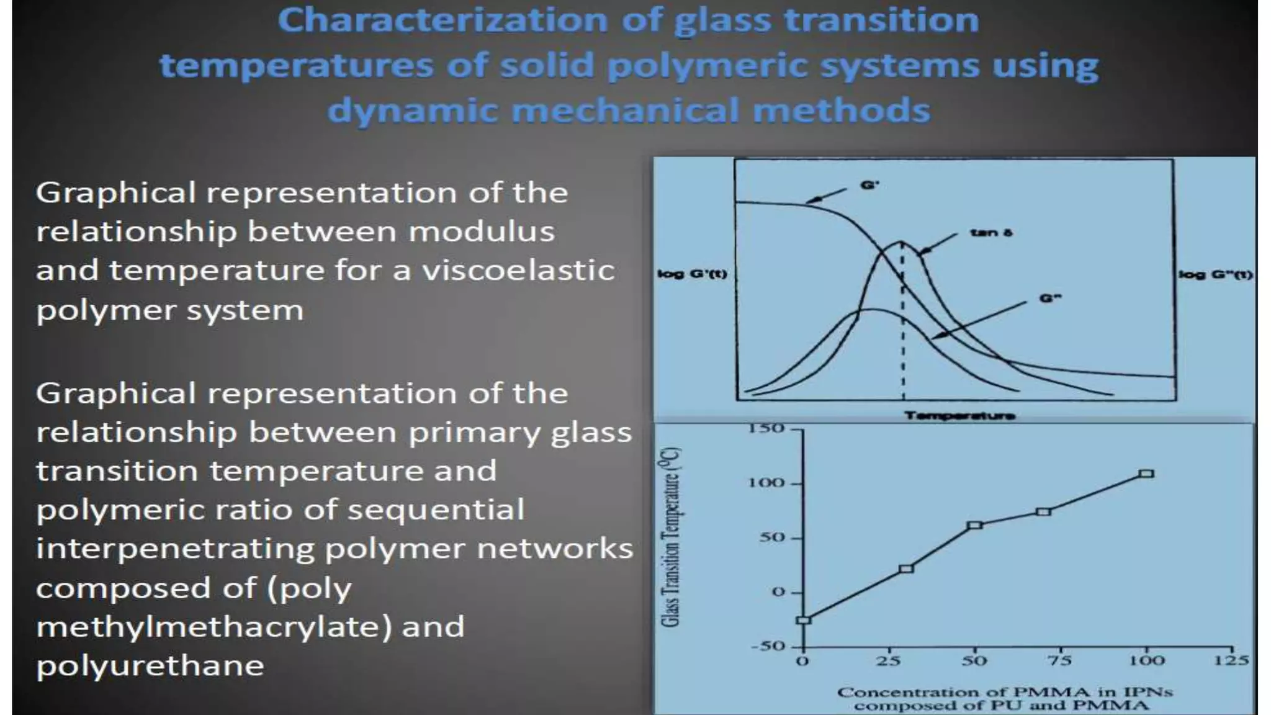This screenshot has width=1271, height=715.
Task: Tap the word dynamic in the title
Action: click(412, 111)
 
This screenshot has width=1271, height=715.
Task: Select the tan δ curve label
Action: click(991, 233)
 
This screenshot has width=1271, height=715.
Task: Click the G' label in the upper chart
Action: click(869, 184)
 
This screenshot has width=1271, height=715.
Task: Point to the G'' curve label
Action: click(1050, 299)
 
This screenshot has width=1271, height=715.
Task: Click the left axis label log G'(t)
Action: click(692, 274)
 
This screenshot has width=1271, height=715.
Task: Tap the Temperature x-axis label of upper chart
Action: click(959, 415)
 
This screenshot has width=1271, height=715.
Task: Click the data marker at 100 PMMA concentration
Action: click(1146, 474)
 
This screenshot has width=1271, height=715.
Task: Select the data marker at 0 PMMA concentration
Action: click(804, 619)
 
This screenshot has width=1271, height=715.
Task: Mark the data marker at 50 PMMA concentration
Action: click(975, 525)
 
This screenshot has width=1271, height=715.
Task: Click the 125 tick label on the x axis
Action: click(1231, 660)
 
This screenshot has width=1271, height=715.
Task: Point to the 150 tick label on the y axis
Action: click(766, 428)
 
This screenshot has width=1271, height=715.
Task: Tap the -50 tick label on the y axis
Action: click(768, 646)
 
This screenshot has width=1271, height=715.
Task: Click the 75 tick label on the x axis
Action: click(1060, 660)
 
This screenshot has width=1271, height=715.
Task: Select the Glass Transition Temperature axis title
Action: click(671, 537)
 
